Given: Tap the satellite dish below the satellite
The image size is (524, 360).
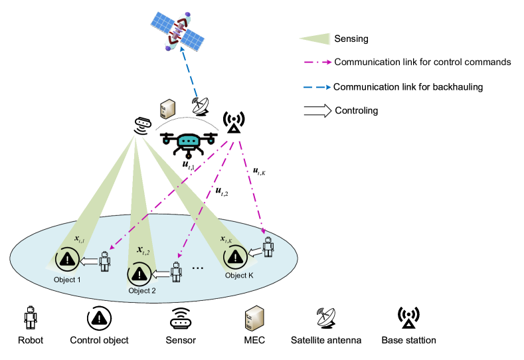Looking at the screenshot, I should (x=200, y=106).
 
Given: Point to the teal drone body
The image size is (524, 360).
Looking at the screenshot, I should (x=189, y=141).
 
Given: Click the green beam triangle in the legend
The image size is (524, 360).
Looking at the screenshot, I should (x=315, y=39).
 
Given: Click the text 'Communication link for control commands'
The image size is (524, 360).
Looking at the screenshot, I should (x=423, y=62).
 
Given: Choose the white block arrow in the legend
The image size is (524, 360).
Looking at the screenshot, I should (x=317, y=111).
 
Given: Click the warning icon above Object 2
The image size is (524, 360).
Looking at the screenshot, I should (x=139, y=273).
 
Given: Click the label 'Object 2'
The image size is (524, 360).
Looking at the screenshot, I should (x=142, y=291).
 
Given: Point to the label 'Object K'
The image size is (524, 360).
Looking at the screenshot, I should (x=239, y=276).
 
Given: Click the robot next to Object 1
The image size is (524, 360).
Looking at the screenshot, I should (x=104, y=260).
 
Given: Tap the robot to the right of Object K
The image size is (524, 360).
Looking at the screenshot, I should (x=267, y=246).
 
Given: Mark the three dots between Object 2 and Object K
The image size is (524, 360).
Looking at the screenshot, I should (x=197, y=268).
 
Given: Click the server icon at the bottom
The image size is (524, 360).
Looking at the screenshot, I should (x=252, y=319).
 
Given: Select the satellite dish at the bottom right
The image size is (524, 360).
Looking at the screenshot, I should (x=325, y=316).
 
